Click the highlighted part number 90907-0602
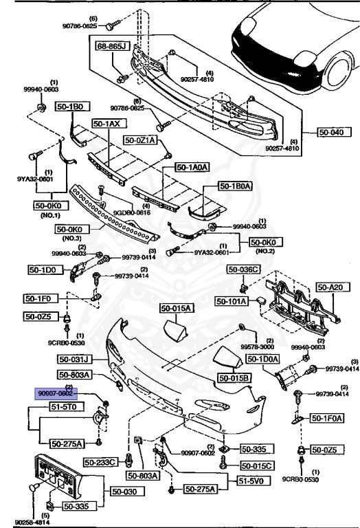coord(56,393)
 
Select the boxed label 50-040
coord(333,132)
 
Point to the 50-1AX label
coord(107,124)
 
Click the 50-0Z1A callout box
coord(141,140)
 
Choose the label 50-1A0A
coord(191,166)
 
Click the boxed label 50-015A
coord(177,308)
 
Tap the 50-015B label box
coord(235,377)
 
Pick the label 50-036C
coord(245,269)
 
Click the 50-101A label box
coord(232,300)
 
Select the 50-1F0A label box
coord(326,417)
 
